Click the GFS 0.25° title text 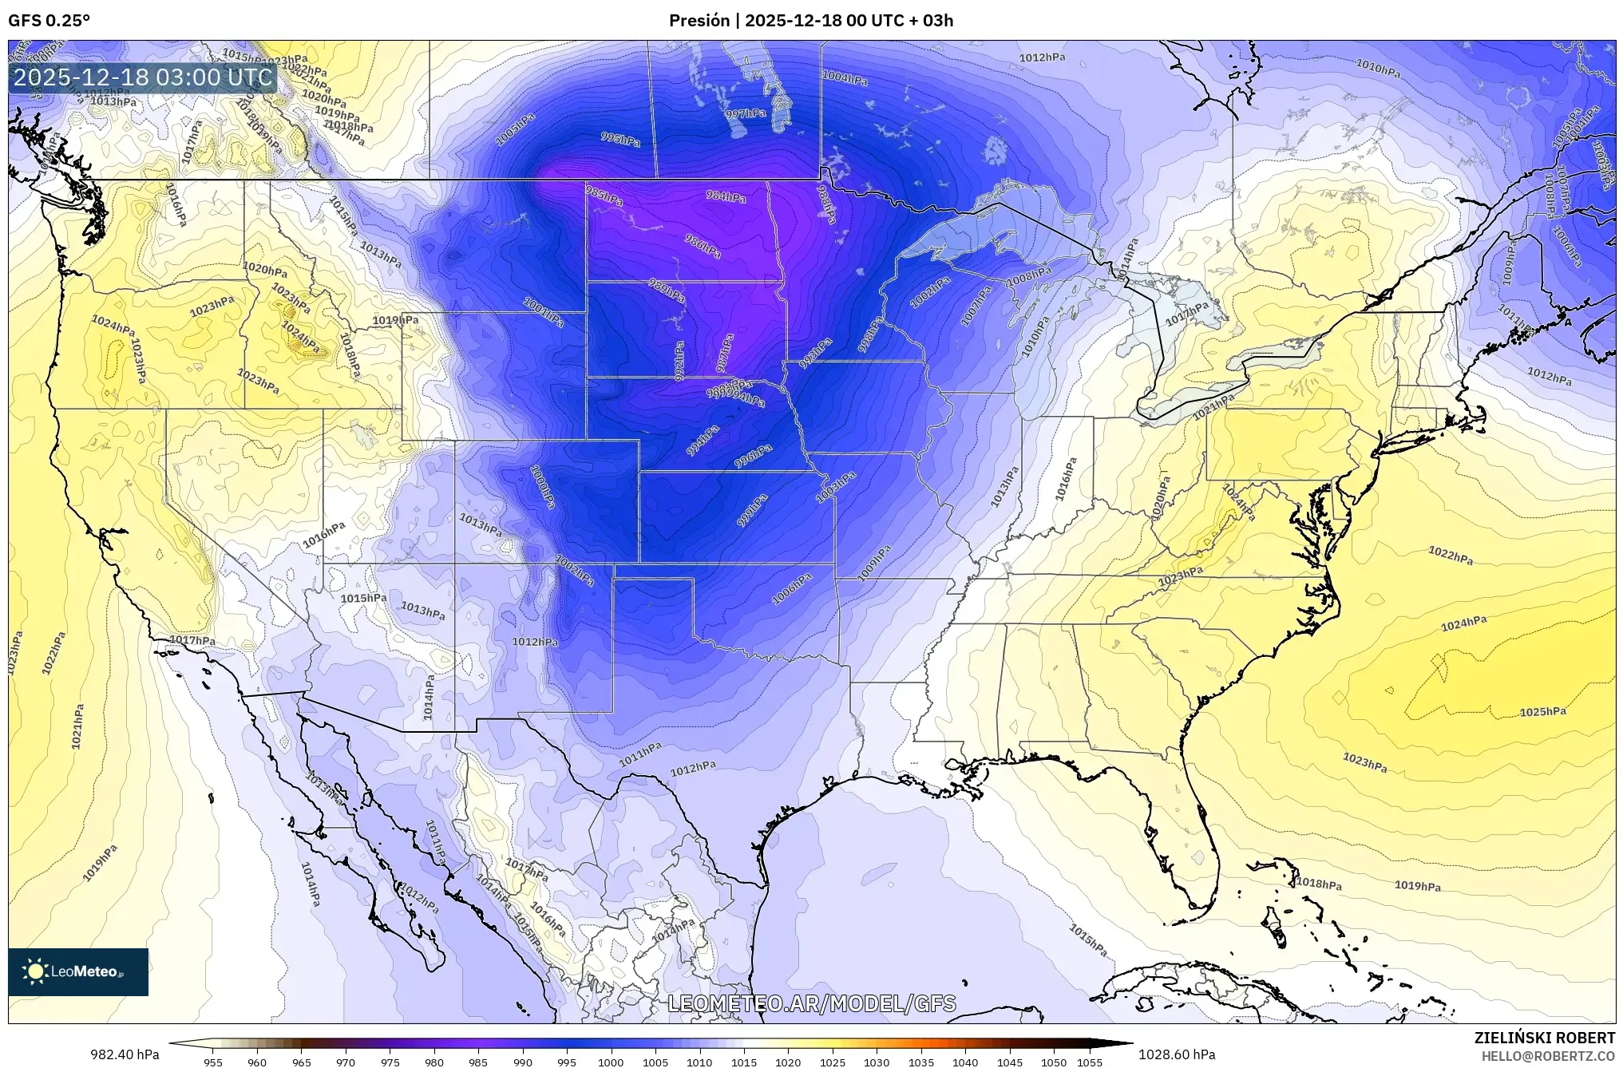[x=49, y=21]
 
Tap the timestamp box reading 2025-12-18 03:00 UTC [x=143, y=77]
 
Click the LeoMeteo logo [x=77, y=971]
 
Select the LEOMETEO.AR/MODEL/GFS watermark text [x=811, y=1003]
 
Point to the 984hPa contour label [x=726, y=196]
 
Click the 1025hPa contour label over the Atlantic [x=1542, y=711]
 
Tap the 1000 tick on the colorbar [x=611, y=1062]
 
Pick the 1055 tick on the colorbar [x=1090, y=1062]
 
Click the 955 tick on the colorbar [x=212, y=1062]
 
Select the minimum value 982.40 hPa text [x=125, y=1054]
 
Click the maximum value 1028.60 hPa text [x=1177, y=1054]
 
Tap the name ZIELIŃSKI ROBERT [x=1544, y=1038]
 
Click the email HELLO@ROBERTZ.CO [x=1548, y=1056]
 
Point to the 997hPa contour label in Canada [x=745, y=114]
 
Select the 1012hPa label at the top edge [x=1042, y=57]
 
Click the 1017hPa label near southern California [x=192, y=640]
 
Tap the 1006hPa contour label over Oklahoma [x=792, y=588]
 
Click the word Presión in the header [x=699, y=21]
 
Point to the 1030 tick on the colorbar [x=876, y=1062]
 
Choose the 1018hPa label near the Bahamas [x=1318, y=884]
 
